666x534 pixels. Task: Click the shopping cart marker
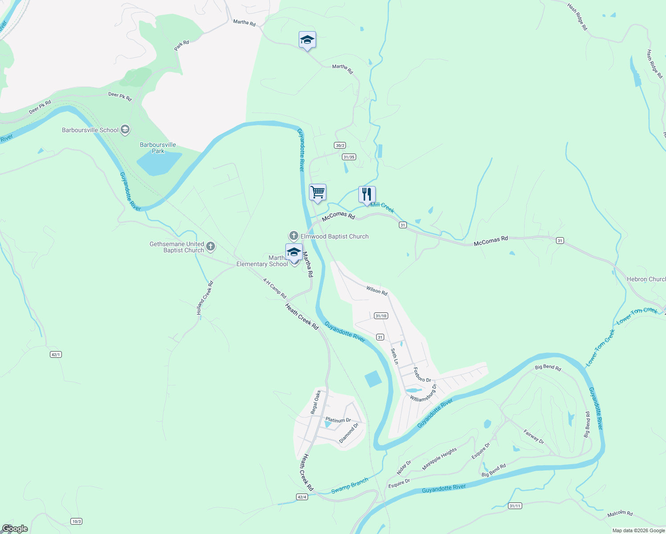tap(317, 193)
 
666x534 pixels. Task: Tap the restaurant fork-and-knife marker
tap(367, 194)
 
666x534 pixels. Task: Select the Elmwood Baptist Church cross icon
tap(293, 236)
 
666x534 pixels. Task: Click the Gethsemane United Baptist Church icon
tap(211, 246)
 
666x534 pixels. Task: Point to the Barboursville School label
tap(90, 130)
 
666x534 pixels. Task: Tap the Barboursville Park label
tap(158, 148)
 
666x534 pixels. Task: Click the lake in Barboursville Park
tap(158, 163)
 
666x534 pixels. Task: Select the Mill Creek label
tap(382, 207)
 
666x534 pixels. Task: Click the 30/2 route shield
tap(340, 146)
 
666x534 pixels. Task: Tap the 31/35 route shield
tap(349, 157)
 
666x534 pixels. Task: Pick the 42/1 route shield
tap(56, 354)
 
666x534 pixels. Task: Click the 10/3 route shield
tap(76, 521)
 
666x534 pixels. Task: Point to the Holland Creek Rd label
tap(205, 298)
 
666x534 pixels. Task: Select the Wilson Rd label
tap(377, 291)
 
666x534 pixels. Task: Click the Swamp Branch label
tap(349, 486)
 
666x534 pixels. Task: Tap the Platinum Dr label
tap(338, 420)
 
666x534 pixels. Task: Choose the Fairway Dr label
tap(533, 437)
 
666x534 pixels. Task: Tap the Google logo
tap(15, 529)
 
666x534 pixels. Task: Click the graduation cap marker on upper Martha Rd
tap(307, 40)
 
